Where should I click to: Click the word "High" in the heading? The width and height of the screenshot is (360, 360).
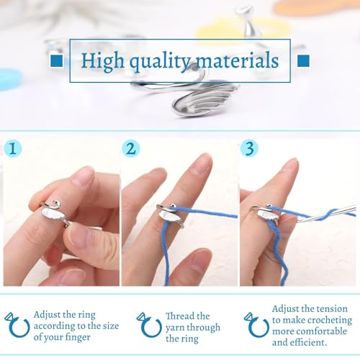(100, 60)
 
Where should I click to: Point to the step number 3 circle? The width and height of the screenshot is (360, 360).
(249, 150)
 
